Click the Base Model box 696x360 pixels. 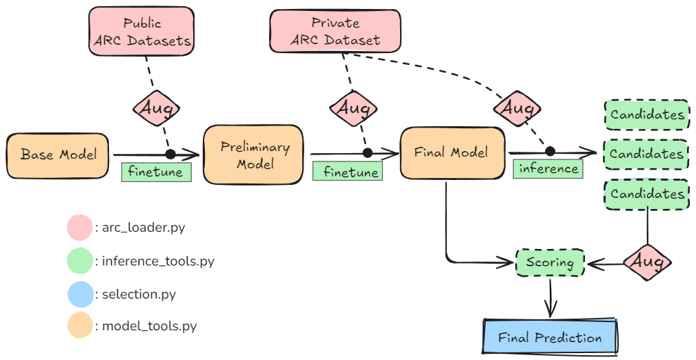point(58,154)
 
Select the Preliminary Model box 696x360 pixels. point(253,156)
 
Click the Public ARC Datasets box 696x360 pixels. point(142,32)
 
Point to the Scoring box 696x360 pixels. point(550,263)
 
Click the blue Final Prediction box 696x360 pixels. point(550,337)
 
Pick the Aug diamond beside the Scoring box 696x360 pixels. point(646,262)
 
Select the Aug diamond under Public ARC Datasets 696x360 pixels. point(157,108)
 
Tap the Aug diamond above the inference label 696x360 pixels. point(517,108)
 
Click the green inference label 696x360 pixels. point(547,168)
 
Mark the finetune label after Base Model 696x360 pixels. point(156,172)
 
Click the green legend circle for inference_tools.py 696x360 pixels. point(79,261)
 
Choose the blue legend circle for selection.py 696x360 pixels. point(79,294)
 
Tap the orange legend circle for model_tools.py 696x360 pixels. point(79,326)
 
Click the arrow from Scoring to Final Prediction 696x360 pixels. point(550,298)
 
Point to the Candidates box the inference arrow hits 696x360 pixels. point(646,154)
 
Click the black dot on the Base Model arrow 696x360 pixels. point(170,154)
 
